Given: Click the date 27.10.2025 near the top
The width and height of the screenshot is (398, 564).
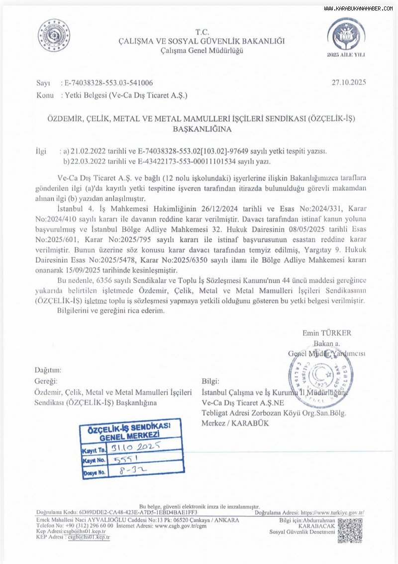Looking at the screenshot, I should click(349, 83).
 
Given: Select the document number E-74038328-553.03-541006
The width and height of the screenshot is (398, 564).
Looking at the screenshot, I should click(106, 84).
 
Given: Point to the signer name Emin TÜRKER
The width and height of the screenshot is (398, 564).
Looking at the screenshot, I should click(326, 333).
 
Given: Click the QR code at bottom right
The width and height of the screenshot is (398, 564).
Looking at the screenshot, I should click(350, 530).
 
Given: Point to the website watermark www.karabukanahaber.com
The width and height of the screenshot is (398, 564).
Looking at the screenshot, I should click(358, 8).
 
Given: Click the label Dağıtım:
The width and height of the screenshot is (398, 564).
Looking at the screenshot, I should click(48, 370).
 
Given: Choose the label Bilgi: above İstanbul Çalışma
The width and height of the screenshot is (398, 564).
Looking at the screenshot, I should click(210, 381).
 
